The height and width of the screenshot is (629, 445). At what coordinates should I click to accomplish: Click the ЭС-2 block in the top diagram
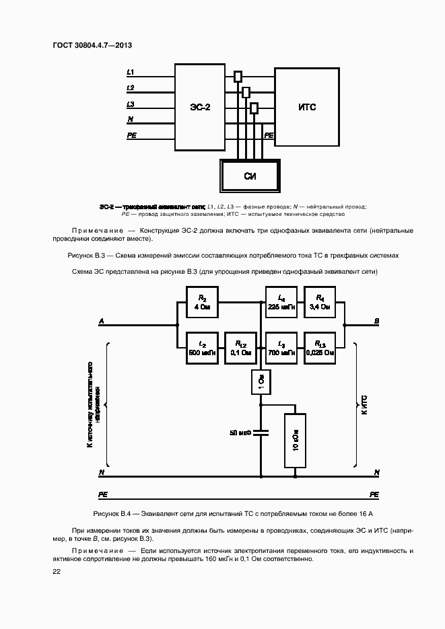pyautogui.click(x=199, y=107)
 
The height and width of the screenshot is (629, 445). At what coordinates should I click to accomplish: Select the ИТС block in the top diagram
pyautogui.click(x=308, y=107)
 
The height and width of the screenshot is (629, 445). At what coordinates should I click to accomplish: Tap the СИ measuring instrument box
pyautogui.click(x=250, y=177)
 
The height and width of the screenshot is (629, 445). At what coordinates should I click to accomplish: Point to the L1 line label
pyautogui.click(x=130, y=71)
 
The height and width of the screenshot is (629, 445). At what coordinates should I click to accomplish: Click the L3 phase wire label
pyautogui.click(x=130, y=104)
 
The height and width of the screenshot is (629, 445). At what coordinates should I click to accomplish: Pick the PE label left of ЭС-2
pyautogui.click(x=132, y=136)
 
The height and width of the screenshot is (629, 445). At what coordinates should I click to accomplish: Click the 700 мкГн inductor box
pyautogui.click(x=281, y=347)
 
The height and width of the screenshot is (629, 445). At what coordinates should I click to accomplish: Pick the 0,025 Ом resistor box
pyautogui.click(x=320, y=347)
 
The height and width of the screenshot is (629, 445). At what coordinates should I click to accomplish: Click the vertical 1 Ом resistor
pyautogui.click(x=261, y=383)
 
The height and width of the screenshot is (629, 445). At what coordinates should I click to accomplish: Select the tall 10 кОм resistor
pyautogui.click(x=295, y=440)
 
